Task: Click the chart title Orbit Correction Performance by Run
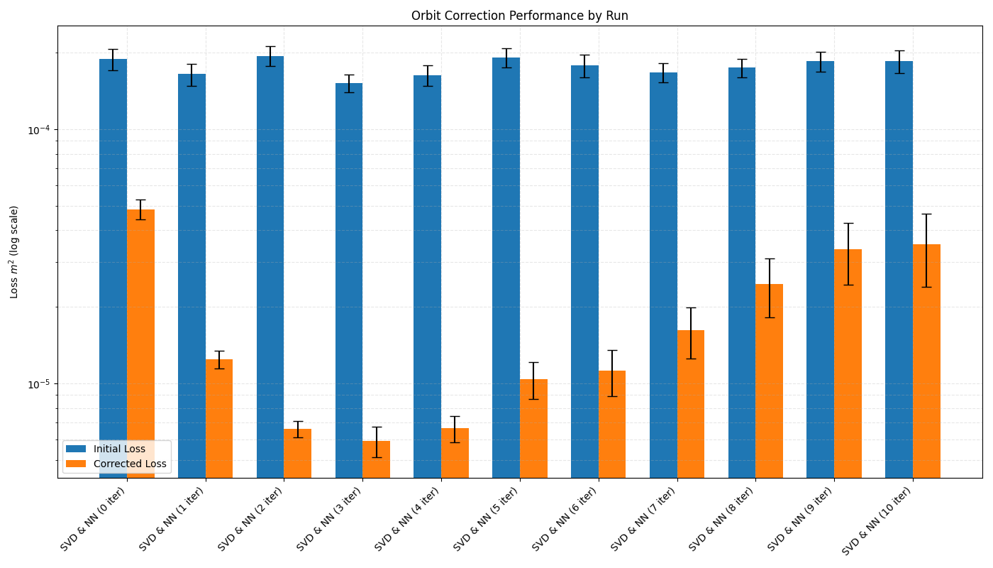click(519, 16)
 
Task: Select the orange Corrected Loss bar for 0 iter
click(140, 344)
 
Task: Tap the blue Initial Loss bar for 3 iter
click(349, 280)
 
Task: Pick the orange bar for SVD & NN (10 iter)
click(926, 361)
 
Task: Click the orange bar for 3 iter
click(377, 459)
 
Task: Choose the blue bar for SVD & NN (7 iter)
click(664, 275)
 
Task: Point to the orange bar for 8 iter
click(769, 381)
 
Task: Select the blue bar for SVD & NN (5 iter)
click(506, 268)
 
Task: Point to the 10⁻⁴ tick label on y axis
click(39, 129)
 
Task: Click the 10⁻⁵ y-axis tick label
click(39, 384)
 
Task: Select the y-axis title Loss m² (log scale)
click(13, 252)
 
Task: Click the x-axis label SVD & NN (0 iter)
click(93, 519)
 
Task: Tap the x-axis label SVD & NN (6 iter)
click(565, 519)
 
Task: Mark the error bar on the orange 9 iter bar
click(848, 254)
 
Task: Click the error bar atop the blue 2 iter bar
click(270, 56)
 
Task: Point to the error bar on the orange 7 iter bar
click(691, 333)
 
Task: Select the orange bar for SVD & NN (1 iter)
click(219, 418)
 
